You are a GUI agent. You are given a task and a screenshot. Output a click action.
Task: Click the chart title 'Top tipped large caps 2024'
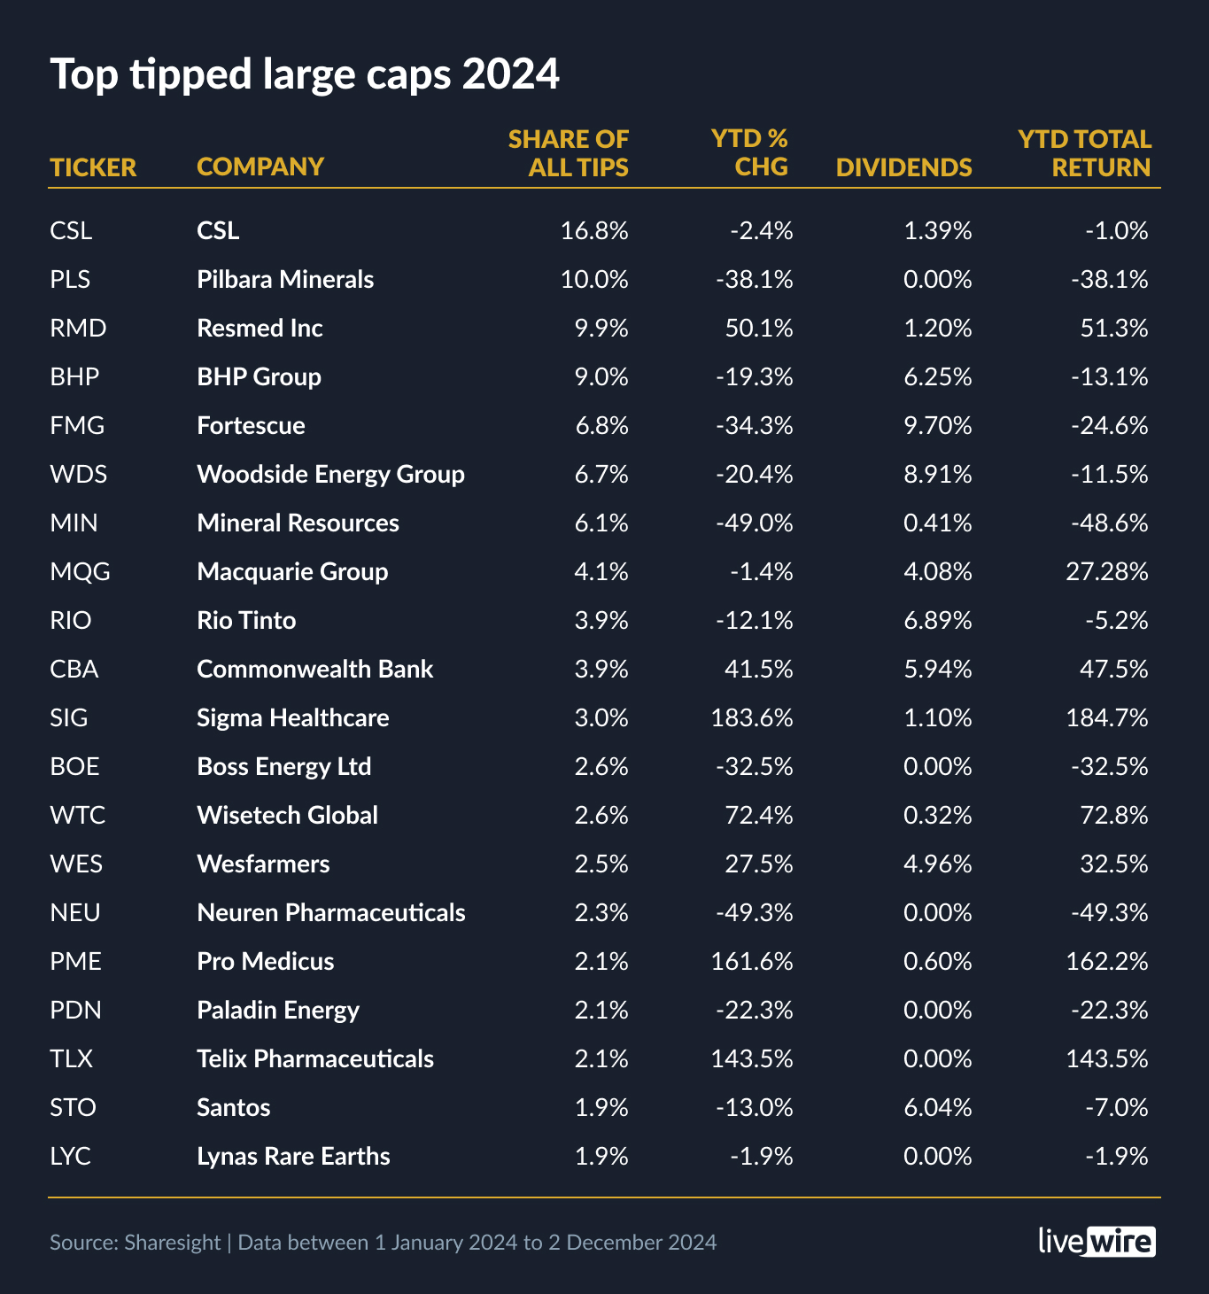(305, 74)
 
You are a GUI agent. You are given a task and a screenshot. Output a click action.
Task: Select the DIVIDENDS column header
(903, 167)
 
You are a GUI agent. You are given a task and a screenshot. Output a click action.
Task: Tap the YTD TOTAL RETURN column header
(1084, 153)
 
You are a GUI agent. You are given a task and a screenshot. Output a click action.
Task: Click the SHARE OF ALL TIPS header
(569, 153)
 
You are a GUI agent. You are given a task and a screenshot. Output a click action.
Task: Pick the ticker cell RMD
(78, 329)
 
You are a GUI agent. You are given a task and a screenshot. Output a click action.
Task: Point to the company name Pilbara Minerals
(285, 280)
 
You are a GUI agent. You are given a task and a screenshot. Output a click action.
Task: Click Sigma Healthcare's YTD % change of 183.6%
(752, 718)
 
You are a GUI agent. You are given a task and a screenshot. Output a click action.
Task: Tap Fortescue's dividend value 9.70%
(937, 426)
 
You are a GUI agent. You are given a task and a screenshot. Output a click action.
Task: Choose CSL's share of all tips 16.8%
(594, 231)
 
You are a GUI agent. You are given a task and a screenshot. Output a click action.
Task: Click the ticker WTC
(78, 816)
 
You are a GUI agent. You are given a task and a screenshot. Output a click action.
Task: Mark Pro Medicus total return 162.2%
(1106, 962)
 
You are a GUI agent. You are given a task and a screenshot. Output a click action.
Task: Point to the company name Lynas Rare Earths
(293, 1157)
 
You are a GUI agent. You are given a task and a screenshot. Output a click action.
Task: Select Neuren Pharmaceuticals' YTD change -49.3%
(755, 913)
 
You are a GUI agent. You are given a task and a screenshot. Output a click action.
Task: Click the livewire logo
(1097, 1242)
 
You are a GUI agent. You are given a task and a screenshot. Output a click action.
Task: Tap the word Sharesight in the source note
(172, 1243)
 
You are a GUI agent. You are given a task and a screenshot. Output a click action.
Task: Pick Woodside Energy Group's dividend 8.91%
(937, 475)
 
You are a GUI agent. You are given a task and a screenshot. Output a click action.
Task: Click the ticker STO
(73, 1108)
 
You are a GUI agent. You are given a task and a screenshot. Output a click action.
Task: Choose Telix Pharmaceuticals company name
(315, 1059)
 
